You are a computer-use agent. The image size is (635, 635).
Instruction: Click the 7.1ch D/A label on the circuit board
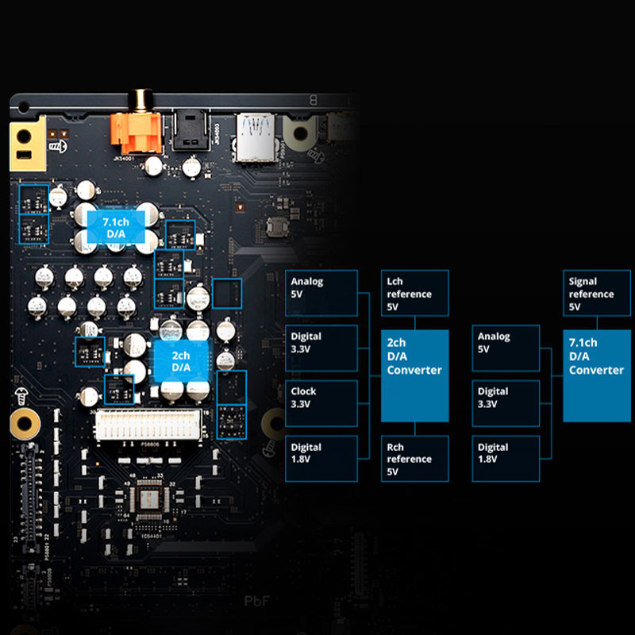point(116,228)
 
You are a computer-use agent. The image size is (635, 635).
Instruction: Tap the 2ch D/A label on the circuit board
point(181,361)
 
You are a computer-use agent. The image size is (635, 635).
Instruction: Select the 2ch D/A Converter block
point(414,375)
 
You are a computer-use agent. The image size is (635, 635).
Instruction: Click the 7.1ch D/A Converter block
point(597,375)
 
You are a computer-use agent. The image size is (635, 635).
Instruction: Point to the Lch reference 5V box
point(414,293)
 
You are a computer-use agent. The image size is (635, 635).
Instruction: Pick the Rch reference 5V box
point(414,458)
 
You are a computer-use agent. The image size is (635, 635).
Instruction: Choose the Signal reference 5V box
point(597,293)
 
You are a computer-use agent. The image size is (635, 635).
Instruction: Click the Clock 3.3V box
point(321,403)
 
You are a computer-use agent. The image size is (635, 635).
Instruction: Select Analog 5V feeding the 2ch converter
point(321,293)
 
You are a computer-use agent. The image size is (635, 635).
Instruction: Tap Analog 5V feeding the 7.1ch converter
point(505,348)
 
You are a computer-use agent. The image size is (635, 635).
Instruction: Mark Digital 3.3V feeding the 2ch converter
point(321,348)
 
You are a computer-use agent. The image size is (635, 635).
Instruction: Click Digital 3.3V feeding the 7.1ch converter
point(505,403)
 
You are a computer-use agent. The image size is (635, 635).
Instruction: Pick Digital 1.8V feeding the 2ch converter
point(321,458)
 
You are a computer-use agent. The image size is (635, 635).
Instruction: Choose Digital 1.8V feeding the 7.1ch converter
point(505,458)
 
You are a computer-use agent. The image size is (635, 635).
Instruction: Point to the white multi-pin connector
point(152,426)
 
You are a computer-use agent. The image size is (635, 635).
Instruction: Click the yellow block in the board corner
point(27,144)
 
